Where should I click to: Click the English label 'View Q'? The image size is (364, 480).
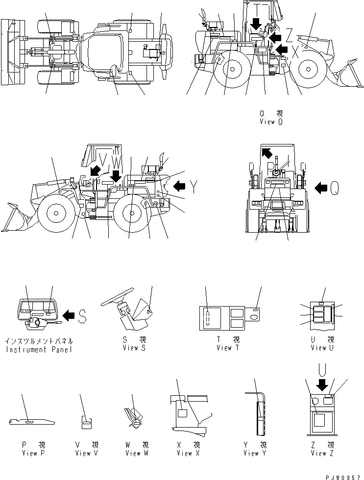tap(271, 122)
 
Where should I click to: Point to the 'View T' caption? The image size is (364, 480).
tap(228, 348)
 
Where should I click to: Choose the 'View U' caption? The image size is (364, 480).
tap(322, 348)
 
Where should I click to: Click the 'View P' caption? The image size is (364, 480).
tap(33, 453)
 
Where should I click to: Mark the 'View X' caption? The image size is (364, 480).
tap(185, 453)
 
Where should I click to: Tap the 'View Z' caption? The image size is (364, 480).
tap(322, 453)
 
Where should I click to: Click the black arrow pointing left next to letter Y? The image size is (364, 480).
tap(180, 186)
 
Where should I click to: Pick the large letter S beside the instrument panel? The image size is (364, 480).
tap(82, 316)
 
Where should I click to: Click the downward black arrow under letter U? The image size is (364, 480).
tap(322, 385)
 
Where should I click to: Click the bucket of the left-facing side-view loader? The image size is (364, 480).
tap(15, 218)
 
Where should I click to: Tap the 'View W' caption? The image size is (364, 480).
tap(133, 453)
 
